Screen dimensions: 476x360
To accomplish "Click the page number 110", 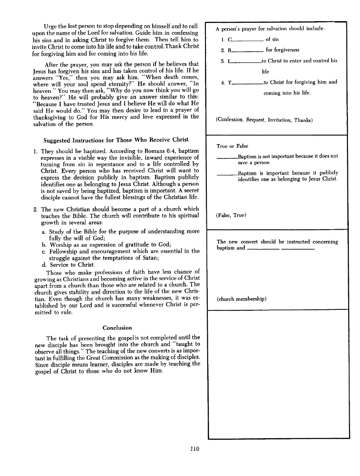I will tap(194, 449).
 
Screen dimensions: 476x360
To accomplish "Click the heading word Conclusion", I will tap(117, 328).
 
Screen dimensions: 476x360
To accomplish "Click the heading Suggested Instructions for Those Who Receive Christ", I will tap(116, 139).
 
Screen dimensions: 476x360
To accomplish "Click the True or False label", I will tap(232, 146).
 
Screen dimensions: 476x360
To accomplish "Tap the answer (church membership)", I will tap(242, 299).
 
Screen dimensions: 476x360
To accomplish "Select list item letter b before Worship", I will tap(43, 245).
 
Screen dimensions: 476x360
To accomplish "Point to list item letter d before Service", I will tap(43, 265).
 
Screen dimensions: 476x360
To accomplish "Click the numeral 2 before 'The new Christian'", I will tap(35, 209).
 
